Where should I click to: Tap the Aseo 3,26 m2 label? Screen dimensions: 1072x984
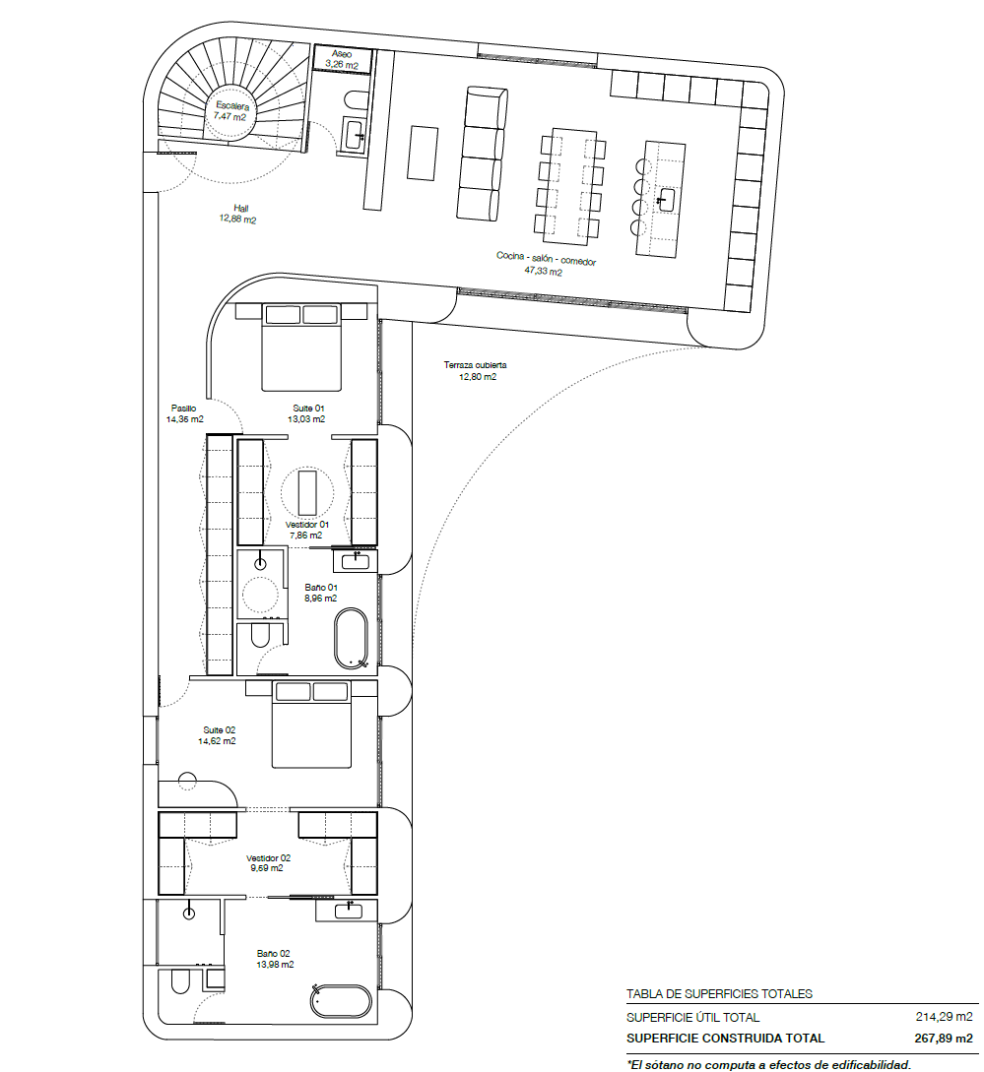click(x=342, y=59)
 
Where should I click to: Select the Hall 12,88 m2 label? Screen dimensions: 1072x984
click(x=237, y=214)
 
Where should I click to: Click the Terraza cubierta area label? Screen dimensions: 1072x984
click(x=476, y=370)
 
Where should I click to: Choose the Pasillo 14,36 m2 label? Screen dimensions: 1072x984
click(x=185, y=413)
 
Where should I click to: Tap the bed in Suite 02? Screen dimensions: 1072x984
click(x=311, y=725)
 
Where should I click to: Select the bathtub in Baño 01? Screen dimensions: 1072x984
click(x=352, y=639)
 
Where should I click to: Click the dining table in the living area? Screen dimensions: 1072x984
click(x=571, y=186)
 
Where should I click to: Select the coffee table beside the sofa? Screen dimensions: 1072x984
click(x=423, y=153)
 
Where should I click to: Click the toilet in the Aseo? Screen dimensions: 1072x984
click(x=357, y=98)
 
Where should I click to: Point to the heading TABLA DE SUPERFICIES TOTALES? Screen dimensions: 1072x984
click(x=719, y=994)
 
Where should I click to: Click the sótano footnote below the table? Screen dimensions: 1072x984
click(x=769, y=1063)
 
